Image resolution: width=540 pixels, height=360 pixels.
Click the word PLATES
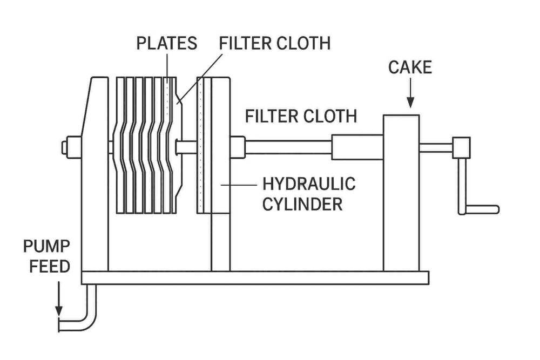click(166, 43)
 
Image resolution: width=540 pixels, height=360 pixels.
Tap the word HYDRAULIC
click(309, 184)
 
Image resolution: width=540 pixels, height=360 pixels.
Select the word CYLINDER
click(302, 205)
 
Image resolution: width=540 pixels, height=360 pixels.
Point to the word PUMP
click(46, 247)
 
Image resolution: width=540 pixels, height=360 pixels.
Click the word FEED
click(46, 267)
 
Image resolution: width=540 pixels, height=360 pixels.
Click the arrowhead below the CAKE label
click(410, 103)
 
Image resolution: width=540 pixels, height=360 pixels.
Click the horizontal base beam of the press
click(254, 277)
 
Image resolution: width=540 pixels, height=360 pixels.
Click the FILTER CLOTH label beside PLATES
click(275, 43)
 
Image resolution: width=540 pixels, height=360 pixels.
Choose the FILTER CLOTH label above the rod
click(301, 116)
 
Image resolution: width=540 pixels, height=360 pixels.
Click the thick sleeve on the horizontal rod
click(357, 147)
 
